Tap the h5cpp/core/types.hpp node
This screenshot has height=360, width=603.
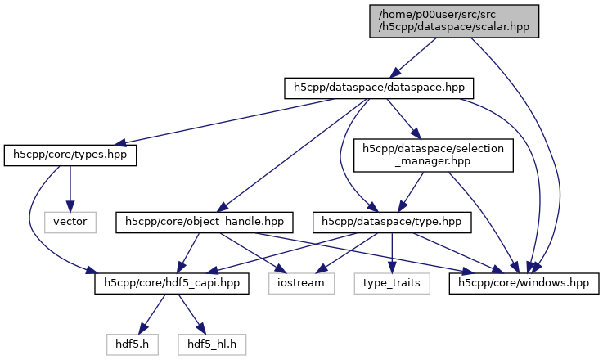click(x=70, y=155)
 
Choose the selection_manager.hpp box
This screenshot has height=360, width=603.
click(x=433, y=155)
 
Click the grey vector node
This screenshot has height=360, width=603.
click(x=70, y=221)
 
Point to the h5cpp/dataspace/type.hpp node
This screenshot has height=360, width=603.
click(x=393, y=221)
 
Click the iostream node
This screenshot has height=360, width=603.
click(x=302, y=283)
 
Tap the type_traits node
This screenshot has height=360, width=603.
click(x=391, y=283)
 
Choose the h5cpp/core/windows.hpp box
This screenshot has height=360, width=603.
click(x=524, y=283)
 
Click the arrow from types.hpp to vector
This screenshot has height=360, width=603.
click(x=70, y=188)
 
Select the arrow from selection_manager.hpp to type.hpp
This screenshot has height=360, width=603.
click(x=413, y=189)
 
